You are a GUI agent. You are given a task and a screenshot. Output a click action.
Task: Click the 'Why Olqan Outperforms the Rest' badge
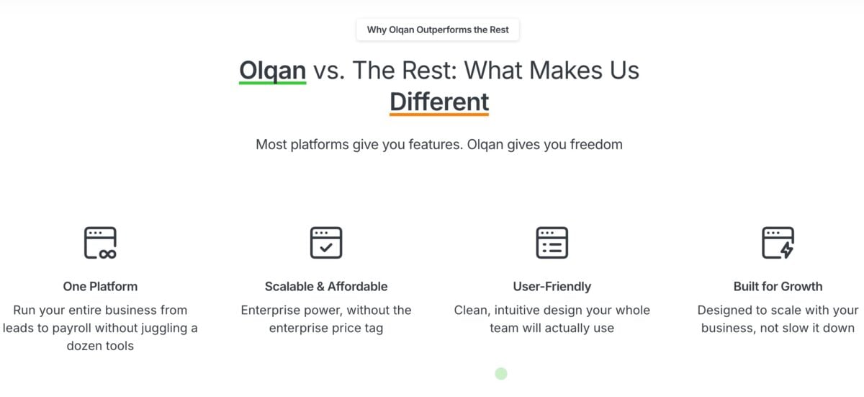pyautogui.click(x=438, y=30)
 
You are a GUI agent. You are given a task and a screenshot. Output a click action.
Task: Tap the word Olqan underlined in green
pyautogui.click(x=272, y=70)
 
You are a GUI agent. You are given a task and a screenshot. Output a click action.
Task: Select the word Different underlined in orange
pyautogui.click(x=439, y=102)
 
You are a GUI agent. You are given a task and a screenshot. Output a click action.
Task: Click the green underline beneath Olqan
pyautogui.click(x=272, y=83)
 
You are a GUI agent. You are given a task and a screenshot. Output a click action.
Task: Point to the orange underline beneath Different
pyautogui.click(x=439, y=114)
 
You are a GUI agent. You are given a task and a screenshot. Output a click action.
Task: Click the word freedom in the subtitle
pyautogui.click(x=596, y=144)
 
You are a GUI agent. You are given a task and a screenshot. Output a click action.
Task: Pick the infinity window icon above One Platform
pyautogui.click(x=100, y=243)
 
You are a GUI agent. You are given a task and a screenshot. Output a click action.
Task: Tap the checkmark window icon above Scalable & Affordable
pyautogui.click(x=326, y=243)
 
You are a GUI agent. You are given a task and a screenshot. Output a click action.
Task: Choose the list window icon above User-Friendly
pyautogui.click(x=552, y=243)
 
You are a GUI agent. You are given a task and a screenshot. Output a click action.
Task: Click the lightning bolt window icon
pyautogui.click(x=778, y=243)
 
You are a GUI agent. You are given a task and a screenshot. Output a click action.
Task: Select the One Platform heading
pyautogui.click(x=100, y=286)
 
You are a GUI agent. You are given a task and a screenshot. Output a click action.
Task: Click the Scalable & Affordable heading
pyautogui.click(x=326, y=286)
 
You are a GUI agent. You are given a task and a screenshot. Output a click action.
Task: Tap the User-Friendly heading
pyautogui.click(x=552, y=286)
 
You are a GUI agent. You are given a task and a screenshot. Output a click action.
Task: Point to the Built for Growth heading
pyautogui.click(x=778, y=286)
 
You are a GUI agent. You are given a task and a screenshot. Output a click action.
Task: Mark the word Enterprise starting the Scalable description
pyautogui.click(x=269, y=311)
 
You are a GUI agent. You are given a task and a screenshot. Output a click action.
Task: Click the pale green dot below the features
pyautogui.click(x=501, y=373)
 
